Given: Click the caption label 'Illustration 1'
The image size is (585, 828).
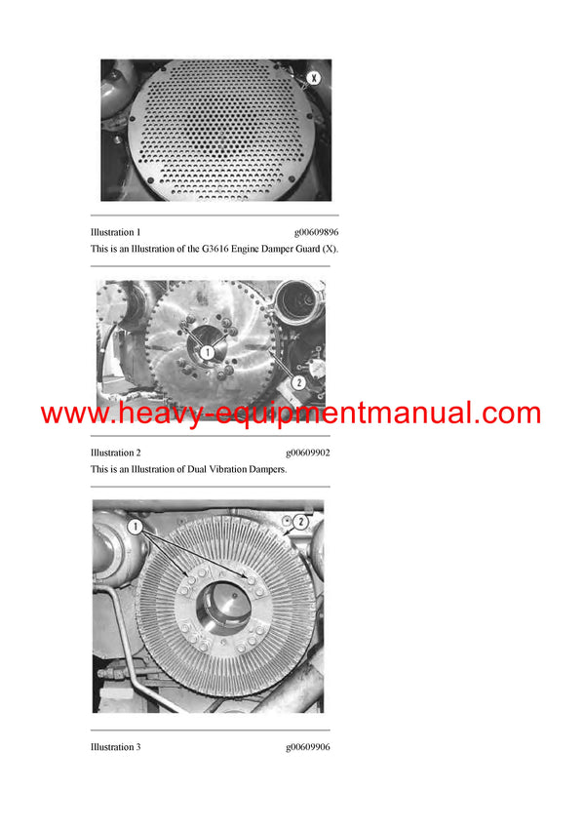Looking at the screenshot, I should pyautogui.click(x=115, y=232).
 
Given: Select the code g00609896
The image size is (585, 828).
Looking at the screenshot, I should pyautogui.click(x=316, y=232).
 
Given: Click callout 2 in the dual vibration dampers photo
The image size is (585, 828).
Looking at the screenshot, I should pyautogui.click(x=299, y=383).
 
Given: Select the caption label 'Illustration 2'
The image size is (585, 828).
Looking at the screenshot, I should pyautogui.click(x=115, y=453).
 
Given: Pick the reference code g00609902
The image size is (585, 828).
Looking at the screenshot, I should pyautogui.click(x=308, y=453).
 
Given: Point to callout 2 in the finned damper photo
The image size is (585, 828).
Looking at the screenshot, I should pyautogui.click(x=301, y=523).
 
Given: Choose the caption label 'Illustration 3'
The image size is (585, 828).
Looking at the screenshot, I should pyautogui.click(x=115, y=747).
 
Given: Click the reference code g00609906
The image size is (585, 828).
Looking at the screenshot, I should pyautogui.click(x=308, y=747).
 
